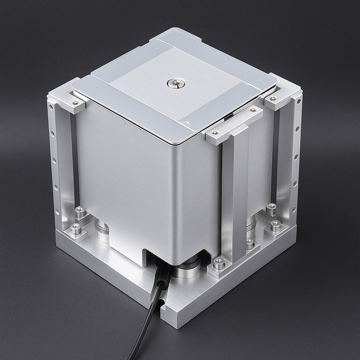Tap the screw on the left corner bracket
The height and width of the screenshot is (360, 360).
coord(75,103)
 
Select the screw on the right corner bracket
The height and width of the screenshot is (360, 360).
coord(273,98)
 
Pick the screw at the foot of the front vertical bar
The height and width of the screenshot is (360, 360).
coord(219,262)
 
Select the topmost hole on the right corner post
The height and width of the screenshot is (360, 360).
coord(299,102)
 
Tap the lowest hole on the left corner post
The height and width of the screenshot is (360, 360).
coord(57,212)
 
